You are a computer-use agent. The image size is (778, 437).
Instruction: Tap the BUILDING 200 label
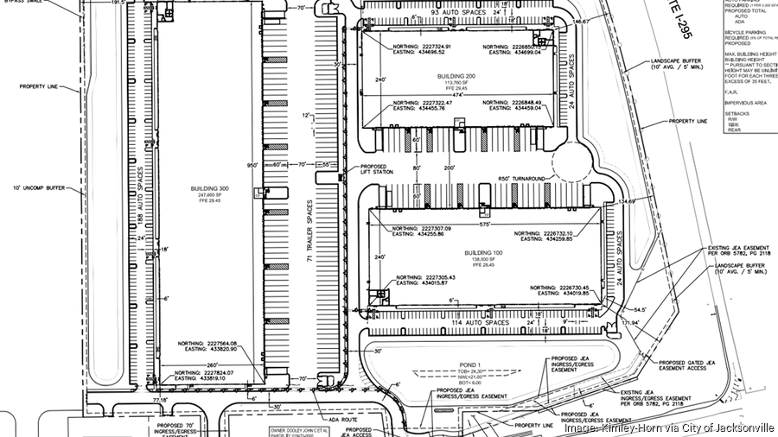pyautogui.click(x=457, y=76)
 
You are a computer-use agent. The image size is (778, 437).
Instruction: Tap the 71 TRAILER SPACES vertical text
pyautogui.click(x=309, y=233)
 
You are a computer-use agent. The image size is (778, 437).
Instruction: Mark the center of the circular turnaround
pyautogui.click(x=571, y=161)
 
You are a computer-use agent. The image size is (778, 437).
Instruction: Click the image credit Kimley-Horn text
pyautogui.click(x=669, y=427)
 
